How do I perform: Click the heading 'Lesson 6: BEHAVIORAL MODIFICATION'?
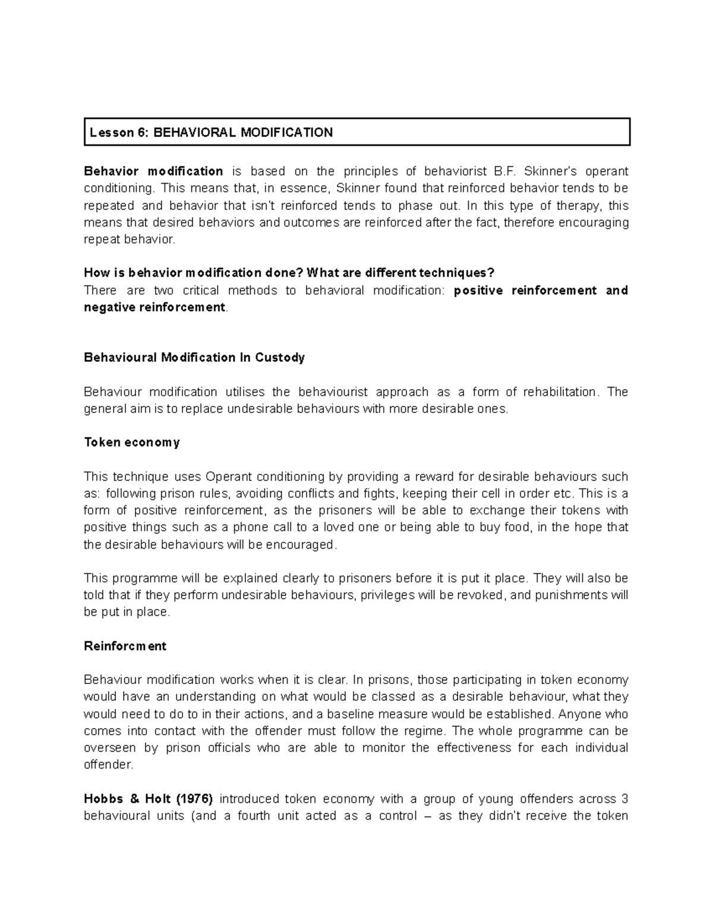211,133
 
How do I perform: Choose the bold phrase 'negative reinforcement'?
154,307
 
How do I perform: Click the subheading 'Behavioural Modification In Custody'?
194,358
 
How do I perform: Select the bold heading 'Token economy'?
132,443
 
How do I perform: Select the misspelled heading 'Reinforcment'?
125,647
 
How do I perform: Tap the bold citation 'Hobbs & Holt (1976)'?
148,799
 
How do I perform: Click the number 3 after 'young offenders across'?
624,799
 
